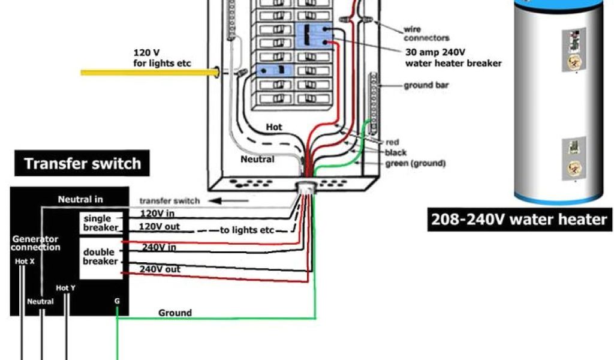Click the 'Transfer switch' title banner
coord(83,164)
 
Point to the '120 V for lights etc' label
coord(162,58)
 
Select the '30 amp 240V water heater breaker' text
coord(453,58)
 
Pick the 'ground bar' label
coord(426,85)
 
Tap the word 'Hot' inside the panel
coord(273,127)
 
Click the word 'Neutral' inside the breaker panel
coord(257,160)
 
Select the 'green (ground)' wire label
coord(415,163)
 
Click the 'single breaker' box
coord(101,223)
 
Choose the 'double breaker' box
coord(100,257)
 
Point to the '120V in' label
coord(157,213)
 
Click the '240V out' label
coord(159,269)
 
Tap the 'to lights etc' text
coord(246,230)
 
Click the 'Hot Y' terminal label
coord(65,288)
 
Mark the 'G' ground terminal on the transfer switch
coord(117,301)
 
